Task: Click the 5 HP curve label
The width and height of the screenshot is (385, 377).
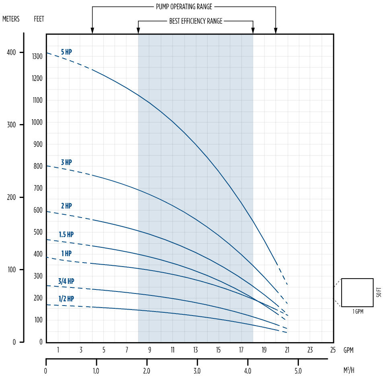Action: (66, 52)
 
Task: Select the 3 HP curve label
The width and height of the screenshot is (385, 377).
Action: (66, 162)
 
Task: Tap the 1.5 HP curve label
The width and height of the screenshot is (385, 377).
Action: (66, 234)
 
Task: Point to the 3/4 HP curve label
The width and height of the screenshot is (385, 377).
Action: (66, 281)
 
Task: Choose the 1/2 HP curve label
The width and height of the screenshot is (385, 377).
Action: (66, 299)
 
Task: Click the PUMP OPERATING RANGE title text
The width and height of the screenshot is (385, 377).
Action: (184, 7)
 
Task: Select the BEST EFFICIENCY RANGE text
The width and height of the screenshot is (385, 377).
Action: (196, 21)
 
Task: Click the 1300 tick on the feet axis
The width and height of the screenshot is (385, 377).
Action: (37, 57)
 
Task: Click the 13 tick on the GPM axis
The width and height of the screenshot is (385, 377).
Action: (196, 350)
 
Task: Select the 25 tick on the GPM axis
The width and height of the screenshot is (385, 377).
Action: (333, 350)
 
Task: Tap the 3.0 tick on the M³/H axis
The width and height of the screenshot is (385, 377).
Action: (197, 371)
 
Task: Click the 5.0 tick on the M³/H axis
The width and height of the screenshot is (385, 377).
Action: (298, 371)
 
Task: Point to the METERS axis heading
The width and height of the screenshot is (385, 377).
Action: (11, 19)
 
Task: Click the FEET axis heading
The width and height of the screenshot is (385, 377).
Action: (39, 19)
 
